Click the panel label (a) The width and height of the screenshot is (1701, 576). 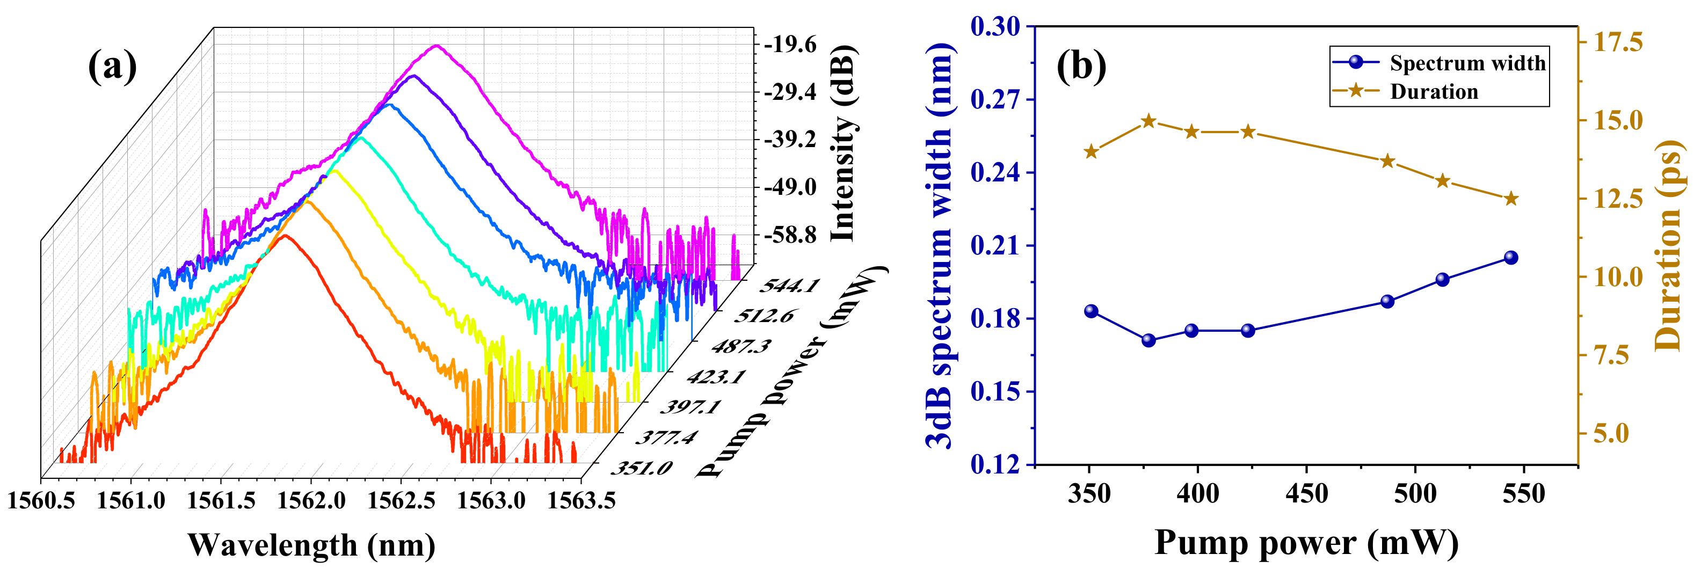click(112, 66)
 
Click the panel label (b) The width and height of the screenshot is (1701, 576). click(1081, 66)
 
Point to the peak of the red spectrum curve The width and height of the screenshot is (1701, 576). click(285, 235)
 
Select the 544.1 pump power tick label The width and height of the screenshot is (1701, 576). click(789, 286)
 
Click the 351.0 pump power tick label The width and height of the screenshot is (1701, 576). click(641, 468)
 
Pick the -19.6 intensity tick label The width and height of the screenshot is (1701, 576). click(791, 46)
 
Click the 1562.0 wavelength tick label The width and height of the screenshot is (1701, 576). click(311, 501)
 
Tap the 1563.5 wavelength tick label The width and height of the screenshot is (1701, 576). click(581, 501)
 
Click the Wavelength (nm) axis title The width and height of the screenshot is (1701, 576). click(311, 545)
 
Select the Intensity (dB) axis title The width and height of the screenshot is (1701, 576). click(842, 144)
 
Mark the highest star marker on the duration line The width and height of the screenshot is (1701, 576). click(1148, 121)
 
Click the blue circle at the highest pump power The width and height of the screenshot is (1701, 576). click(1511, 258)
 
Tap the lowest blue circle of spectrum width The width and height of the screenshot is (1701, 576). click(1148, 340)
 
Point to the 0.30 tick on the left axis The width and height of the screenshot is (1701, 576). click(994, 26)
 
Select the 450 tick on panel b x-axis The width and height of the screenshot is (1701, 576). click(1306, 494)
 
